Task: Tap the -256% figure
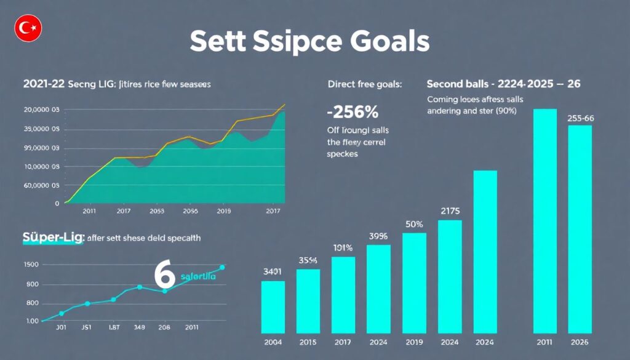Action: click(x=352, y=113)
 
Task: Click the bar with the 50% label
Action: click(x=413, y=282)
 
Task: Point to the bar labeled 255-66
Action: click(x=580, y=228)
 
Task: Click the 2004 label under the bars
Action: click(x=273, y=342)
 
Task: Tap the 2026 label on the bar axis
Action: click(x=579, y=342)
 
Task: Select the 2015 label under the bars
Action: click(x=308, y=342)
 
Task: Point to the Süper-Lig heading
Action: click(x=53, y=237)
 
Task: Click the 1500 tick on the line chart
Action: click(x=31, y=265)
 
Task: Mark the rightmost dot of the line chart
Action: click(x=222, y=267)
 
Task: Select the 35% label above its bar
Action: click(x=308, y=260)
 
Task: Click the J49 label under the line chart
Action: click(x=138, y=327)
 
